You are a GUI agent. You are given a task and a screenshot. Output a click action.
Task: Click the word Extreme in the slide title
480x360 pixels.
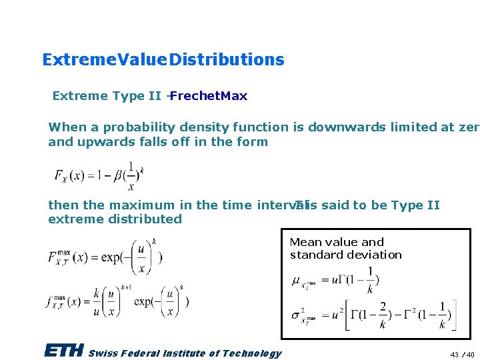[x=71, y=60]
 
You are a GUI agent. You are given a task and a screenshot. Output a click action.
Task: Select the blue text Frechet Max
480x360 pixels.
[x=209, y=96]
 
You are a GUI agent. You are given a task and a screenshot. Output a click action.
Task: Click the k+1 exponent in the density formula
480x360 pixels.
[x=126, y=286]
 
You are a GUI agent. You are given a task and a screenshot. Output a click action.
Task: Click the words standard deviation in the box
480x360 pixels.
[x=345, y=255]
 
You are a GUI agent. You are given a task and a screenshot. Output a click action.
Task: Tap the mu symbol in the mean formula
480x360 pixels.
[x=297, y=280]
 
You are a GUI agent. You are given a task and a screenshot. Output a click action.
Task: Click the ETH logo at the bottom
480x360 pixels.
[x=64, y=351]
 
